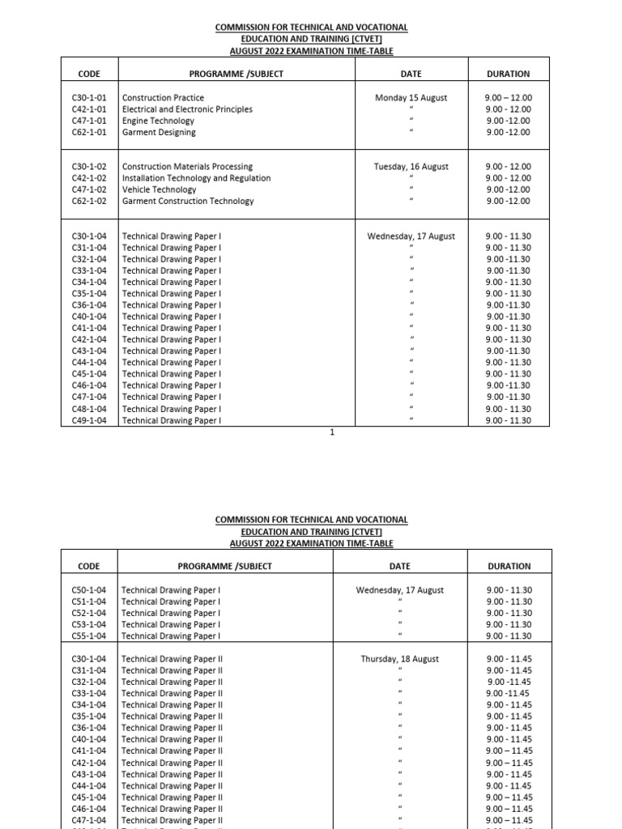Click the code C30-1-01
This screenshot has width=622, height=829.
point(89,98)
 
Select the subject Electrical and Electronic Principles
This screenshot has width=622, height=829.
point(187,109)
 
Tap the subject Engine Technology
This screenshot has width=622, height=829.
point(158,121)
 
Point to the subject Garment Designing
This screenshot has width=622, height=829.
point(159,132)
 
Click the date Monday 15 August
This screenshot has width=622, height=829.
point(411,98)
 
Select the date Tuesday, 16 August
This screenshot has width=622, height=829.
point(411,167)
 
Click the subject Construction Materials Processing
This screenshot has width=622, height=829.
point(187,167)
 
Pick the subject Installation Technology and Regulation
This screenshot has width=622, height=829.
point(196,178)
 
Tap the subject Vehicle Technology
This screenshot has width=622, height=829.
point(160,189)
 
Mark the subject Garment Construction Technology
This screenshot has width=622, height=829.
point(188,201)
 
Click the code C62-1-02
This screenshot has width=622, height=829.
point(89,201)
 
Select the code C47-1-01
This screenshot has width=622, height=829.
point(89,121)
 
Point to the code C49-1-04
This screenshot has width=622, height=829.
point(89,420)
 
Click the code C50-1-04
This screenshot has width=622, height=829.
point(89,590)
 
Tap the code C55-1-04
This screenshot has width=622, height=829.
point(89,636)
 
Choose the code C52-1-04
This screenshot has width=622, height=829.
point(89,613)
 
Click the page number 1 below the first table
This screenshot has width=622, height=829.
point(332,432)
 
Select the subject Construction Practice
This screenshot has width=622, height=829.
point(163,98)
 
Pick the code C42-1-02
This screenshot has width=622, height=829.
point(89,178)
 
